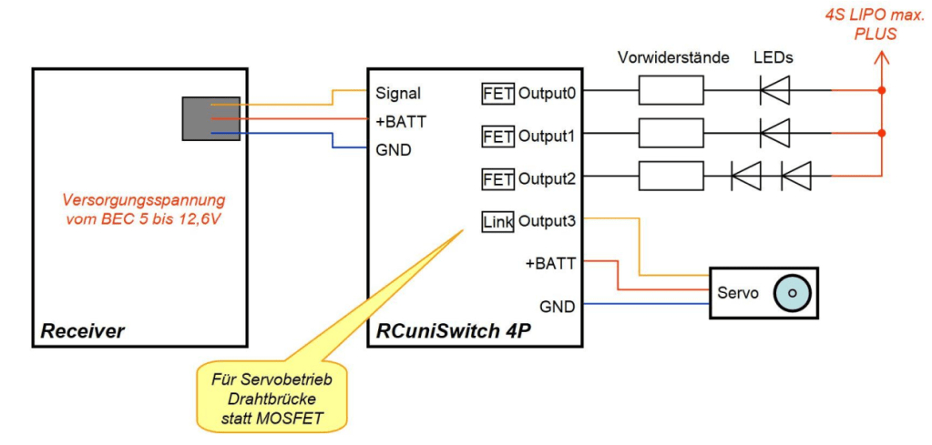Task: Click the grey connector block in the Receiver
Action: click(x=210, y=118)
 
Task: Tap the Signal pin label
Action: click(x=398, y=92)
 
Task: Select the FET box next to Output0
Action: click(x=497, y=92)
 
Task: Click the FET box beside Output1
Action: click(x=497, y=136)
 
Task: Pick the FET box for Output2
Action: click(x=497, y=177)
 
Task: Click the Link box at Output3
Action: click(x=497, y=220)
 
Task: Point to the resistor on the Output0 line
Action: click(x=671, y=91)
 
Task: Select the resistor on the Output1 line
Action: click(x=671, y=134)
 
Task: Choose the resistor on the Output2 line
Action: click(x=671, y=176)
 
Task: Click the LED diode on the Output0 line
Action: click(x=774, y=91)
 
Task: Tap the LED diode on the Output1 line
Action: click(x=774, y=134)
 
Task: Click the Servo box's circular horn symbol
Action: click(x=793, y=292)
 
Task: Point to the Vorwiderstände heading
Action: click(x=674, y=57)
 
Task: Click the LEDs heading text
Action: click(x=773, y=57)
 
